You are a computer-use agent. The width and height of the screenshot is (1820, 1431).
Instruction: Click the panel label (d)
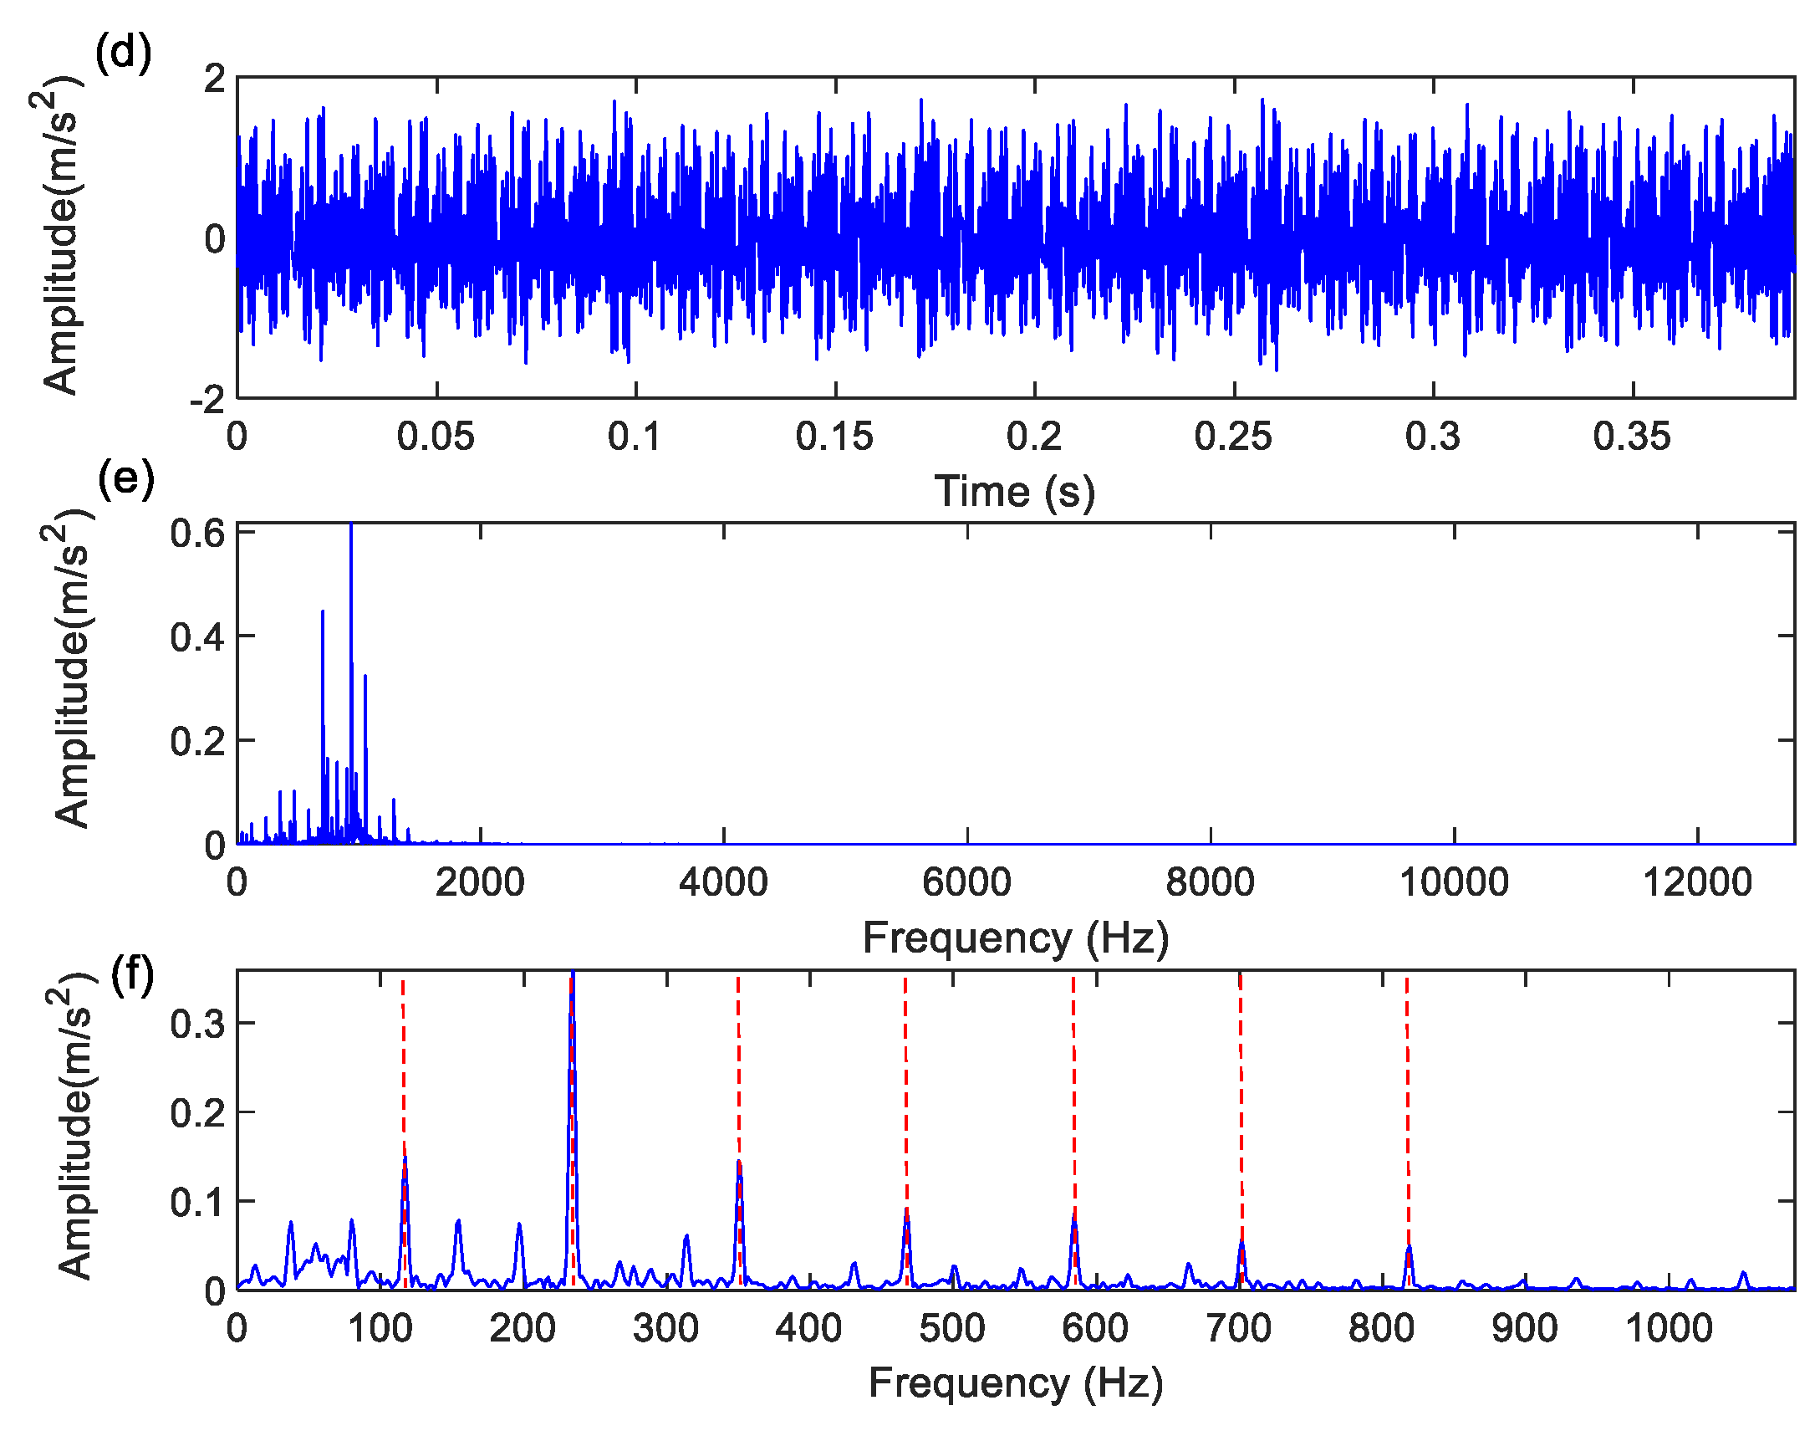pos(123,52)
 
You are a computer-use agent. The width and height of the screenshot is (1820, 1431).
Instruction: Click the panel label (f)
pos(132,975)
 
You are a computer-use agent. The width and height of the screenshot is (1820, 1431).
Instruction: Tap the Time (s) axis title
pos(1014,491)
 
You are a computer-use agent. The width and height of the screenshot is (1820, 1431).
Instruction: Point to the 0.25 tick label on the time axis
pos(1233,437)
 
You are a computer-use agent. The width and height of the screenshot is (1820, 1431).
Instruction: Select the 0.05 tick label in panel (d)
pos(436,437)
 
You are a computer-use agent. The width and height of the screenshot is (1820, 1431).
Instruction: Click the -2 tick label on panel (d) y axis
pos(207,400)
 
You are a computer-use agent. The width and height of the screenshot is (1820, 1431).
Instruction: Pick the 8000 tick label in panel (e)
pos(1210,882)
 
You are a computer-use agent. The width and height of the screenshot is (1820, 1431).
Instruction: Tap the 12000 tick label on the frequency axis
pos(1697,882)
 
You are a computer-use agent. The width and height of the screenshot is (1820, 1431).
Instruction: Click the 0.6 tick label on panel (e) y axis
pos(197,534)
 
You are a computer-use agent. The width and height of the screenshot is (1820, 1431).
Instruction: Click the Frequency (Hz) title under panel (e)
pos(1015,938)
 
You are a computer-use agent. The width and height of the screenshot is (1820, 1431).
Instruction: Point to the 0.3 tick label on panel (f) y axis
pos(197,1024)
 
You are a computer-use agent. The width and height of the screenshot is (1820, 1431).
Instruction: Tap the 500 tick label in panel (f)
pos(951,1329)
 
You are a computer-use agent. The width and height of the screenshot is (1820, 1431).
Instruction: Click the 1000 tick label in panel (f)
pos(1669,1329)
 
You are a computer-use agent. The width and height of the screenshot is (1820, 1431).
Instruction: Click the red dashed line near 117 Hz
pos(403,1064)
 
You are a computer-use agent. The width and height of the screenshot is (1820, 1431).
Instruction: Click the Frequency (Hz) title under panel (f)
pos(1015,1383)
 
